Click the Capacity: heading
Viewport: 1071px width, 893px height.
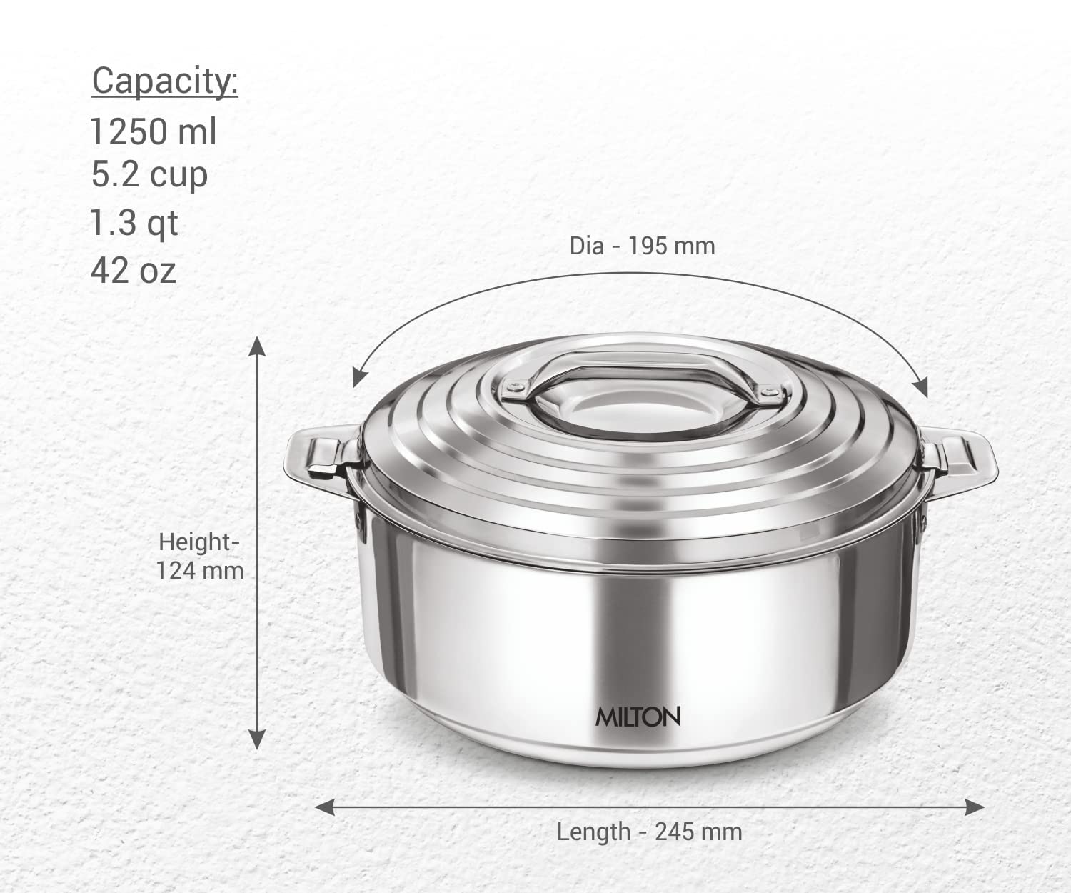click(164, 81)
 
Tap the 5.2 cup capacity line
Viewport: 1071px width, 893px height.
click(149, 176)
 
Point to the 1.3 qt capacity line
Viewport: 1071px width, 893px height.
click(134, 223)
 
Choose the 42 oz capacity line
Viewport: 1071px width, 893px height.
click(133, 271)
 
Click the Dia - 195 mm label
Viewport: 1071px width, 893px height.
click(641, 246)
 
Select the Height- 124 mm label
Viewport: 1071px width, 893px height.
click(199, 556)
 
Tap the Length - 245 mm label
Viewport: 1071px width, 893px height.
click(649, 832)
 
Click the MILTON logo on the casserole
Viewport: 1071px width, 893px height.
click(638, 717)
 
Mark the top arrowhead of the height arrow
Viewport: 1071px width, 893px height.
click(257, 346)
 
